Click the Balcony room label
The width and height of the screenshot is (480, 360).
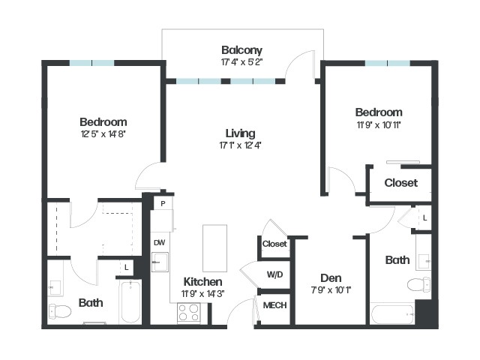coord(241,50)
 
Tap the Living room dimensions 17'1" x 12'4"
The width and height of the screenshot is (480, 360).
coord(240,145)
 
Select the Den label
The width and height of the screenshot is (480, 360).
coord(331,278)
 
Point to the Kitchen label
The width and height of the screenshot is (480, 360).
coord(202,282)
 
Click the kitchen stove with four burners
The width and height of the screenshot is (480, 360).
coord(189,312)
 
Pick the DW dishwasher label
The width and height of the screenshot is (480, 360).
coord(159,243)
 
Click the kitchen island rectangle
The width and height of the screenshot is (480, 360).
coord(215,248)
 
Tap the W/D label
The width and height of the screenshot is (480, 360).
coord(274,274)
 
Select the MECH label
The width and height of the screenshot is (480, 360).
coord(275,305)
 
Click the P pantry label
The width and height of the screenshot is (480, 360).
coord(163,203)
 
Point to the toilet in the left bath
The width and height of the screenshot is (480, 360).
coord(60,311)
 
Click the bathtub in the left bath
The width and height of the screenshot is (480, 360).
coord(130,301)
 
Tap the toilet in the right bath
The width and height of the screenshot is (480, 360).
coord(418,284)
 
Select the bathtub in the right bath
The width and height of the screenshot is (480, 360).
coord(392,314)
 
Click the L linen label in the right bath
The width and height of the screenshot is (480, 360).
coord(425,218)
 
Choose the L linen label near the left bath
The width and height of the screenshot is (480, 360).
coord(127,268)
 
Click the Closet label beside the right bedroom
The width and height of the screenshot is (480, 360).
coord(401,183)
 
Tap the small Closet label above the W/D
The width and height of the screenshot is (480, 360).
coord(274,244)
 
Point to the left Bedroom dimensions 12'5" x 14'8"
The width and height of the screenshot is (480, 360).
coord(103,134)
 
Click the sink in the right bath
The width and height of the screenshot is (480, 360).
coord(423,261)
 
